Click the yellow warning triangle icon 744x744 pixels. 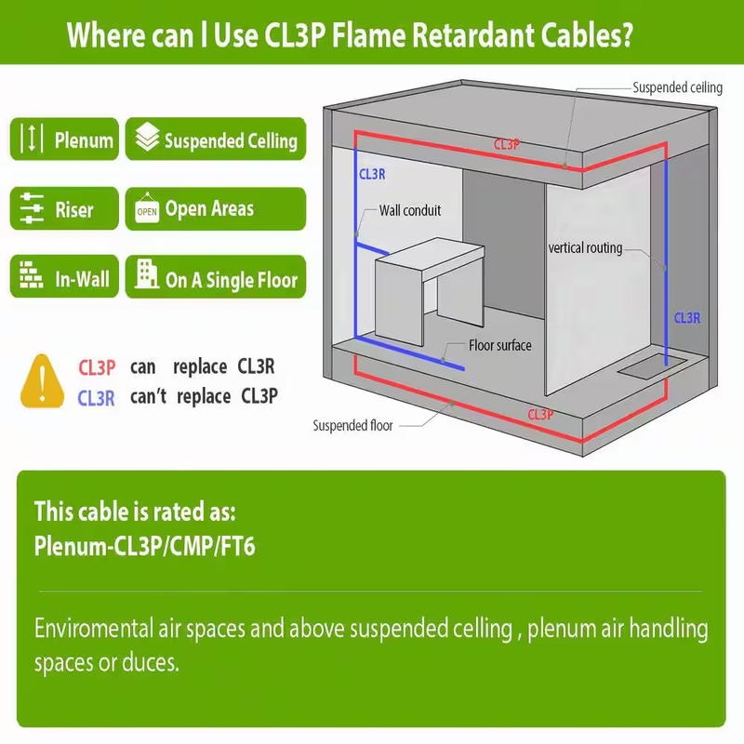42,381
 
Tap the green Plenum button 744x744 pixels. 64,139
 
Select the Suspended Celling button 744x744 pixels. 216,139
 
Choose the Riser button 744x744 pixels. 64,208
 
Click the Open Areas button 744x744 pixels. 216,208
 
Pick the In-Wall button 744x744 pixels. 64,276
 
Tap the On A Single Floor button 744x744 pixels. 216,276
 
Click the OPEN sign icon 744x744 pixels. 147,208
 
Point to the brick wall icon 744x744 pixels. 32,274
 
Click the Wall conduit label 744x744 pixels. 410,210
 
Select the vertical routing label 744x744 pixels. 585,247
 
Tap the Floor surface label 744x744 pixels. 500,345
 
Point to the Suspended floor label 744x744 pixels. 352,426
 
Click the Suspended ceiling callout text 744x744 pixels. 678,87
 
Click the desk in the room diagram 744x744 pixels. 430,290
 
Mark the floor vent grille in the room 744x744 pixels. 652,365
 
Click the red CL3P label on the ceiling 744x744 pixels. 507,144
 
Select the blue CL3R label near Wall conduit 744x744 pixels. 373,174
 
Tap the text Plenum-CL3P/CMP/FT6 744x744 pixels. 145,546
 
